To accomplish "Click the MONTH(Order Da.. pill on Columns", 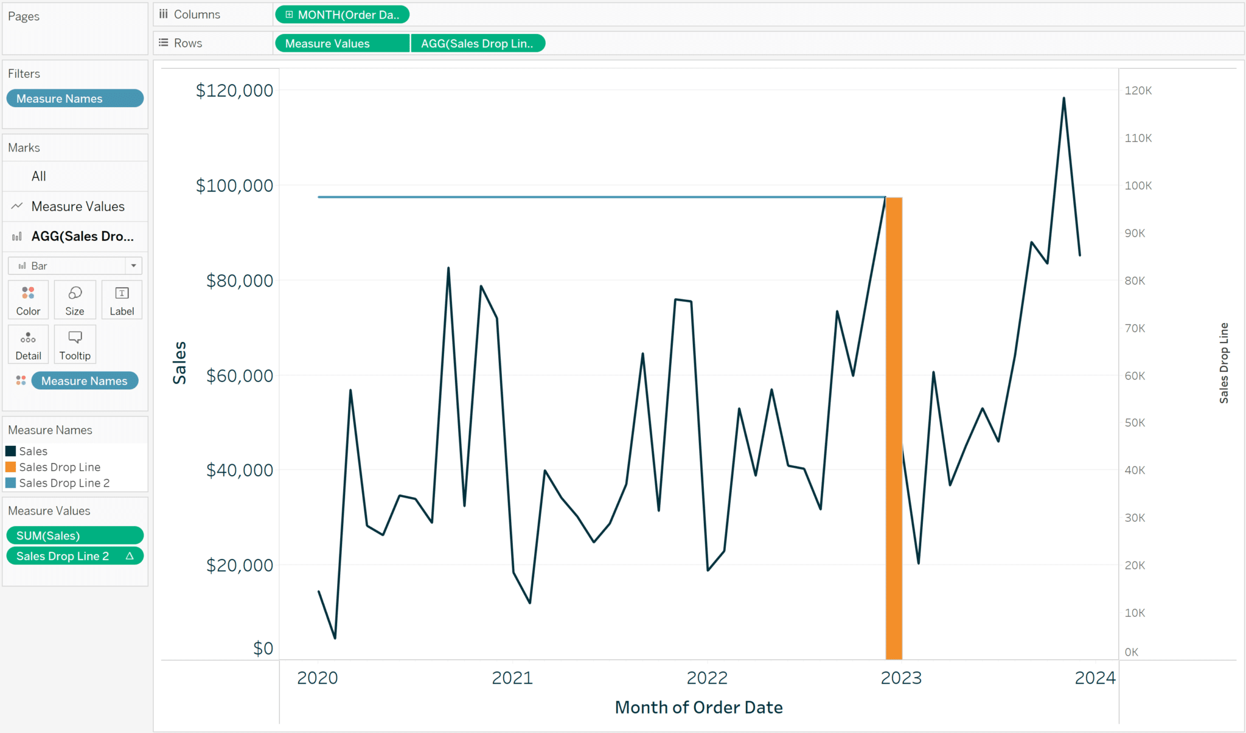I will tap(342, 15).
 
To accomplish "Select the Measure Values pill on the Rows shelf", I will tap(342, 43).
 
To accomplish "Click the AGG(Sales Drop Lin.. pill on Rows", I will tap(478, 43).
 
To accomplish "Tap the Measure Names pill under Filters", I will tap(75, 99).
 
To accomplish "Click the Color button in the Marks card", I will tap(28, 300).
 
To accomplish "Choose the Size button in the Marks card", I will tap(75, 300).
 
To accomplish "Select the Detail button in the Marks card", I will tap(28, 344).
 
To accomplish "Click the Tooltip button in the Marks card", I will tap(75, 344).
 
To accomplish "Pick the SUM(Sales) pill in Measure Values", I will tap(75, 535).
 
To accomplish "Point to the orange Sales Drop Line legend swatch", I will tap(11, 467).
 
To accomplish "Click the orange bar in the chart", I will tap(894, 426).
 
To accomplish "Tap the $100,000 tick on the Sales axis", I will tap(234, 186).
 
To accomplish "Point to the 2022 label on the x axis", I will tap(707, 678).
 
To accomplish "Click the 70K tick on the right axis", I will tap(1135, 328).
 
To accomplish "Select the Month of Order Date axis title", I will tap(698, 707).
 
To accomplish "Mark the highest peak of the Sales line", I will tap(1063, 99).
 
